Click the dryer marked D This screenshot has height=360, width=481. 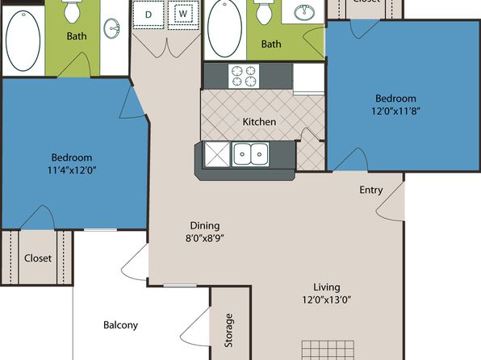tap(148, 15)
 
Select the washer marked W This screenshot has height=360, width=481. tap(183, 15)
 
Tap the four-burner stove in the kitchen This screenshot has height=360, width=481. tap(244, 76)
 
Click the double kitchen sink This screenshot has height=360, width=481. tap(251, 154)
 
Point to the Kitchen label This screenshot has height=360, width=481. tap(259, 122)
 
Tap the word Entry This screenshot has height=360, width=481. tap(371, 190)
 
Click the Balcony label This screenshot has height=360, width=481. tap(120, 325)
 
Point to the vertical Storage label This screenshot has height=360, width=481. tap(228, 330)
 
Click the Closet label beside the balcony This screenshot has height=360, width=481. tap(38, 258)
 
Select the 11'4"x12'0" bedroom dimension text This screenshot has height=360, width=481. tap(72, 170)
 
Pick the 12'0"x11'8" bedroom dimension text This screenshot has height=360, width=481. tap(395, 111)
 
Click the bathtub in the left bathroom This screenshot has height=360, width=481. tap(23, 40)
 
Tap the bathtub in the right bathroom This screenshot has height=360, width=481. tap(224, 28)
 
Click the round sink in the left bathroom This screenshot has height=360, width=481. tap(111, 28)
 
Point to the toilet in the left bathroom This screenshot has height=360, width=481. tap(72, 11)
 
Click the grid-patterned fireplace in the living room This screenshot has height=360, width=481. tap(328, 350)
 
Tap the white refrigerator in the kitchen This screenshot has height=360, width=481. tap(309, 78)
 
